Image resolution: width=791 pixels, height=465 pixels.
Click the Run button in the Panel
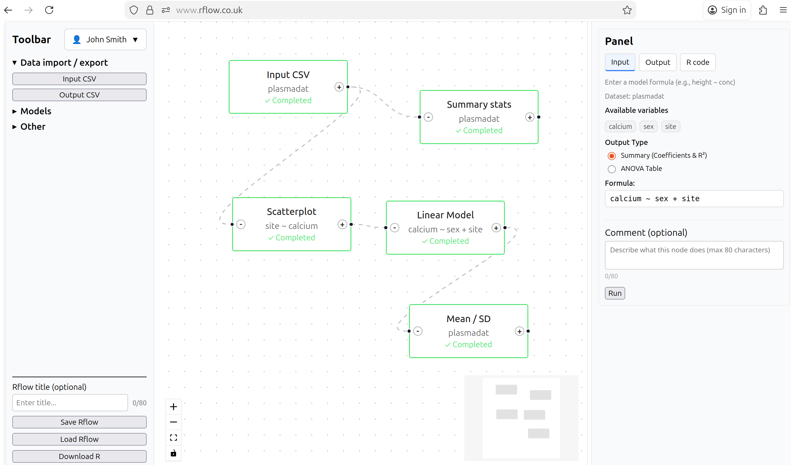click(x=615, y=293)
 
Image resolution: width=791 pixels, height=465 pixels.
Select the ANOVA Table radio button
click(x=611, y=169)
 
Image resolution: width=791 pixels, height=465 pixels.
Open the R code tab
click(x=698, y=62)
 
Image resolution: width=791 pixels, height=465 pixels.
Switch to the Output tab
click(x=657, y=62)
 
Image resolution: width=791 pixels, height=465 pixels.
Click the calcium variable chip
click(x=620, y=126)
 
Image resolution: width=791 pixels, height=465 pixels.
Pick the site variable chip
click(x=670, y=126)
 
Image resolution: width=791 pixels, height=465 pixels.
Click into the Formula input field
click(x=694, y=199)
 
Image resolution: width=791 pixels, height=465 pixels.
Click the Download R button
click(x=79, y=456)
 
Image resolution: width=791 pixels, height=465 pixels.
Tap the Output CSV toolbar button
click(x=79, y=95)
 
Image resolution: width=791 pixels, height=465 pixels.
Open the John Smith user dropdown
click(x=105, y=39)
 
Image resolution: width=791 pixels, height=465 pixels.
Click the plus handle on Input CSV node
click(x=339, y=87)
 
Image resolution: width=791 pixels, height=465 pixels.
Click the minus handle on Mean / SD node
click(x=418, y=331)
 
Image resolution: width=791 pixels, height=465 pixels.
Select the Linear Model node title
click(x=445, y=215)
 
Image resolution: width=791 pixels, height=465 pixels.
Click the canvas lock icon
click(x=174, y=453)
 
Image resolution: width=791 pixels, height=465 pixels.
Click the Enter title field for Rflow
click(x=70, y=403)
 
